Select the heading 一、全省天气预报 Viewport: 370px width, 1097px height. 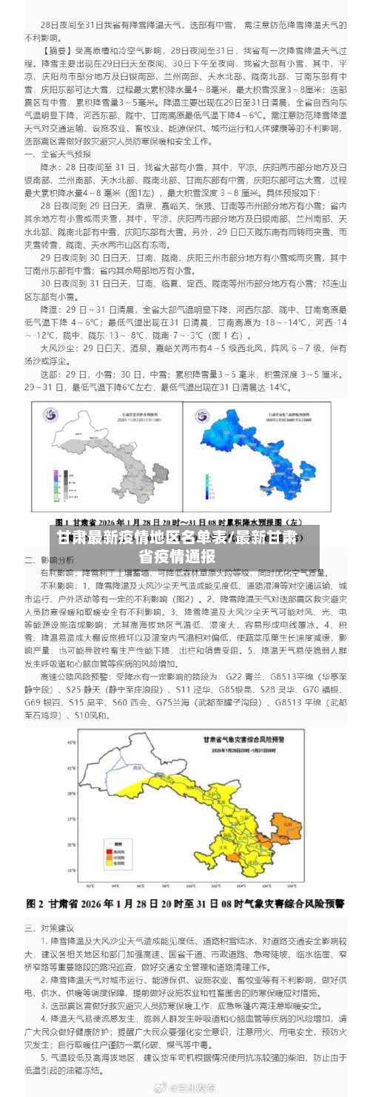pos(58,154)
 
